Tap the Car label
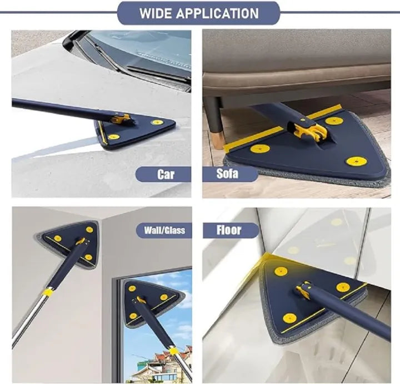pos(165,175)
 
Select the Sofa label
pos(227,174)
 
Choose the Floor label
pos(228,229)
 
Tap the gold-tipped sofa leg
pos(218,135)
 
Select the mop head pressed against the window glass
pos(147,303)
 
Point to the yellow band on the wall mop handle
pos(49,292)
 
